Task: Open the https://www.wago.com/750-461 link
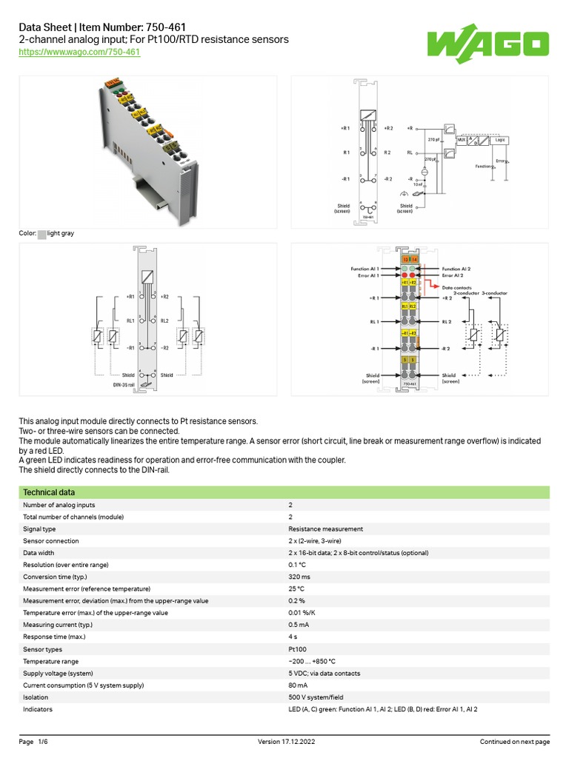pos(79,53)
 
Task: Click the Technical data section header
pos(48,492)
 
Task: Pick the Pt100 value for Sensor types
pos(297,648)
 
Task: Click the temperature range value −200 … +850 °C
pos(312,661)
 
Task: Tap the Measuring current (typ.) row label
pos(59,625)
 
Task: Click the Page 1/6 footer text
pos(33,742)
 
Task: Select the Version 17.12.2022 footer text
pos(284,742)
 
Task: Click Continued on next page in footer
pos(514,742)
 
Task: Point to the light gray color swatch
pos(41,234)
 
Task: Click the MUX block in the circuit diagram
pos(462,138)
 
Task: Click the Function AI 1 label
pos(365,268)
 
